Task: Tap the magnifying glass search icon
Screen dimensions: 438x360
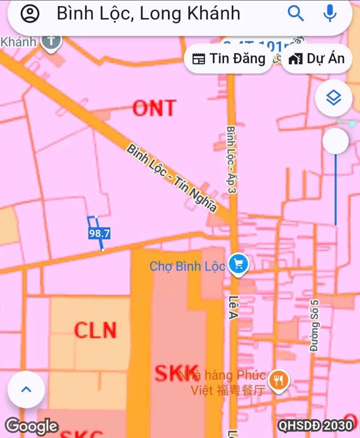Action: tap(296, 13)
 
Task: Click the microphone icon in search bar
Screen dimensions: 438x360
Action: tap(329, 13)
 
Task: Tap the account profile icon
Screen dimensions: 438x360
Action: tap(30, 13)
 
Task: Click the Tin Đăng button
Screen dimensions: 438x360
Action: tap(229, 58)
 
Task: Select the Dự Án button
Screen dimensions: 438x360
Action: tap(317, 58)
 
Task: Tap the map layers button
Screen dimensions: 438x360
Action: tap(333, 98)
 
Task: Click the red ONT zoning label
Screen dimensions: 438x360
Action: tap(154, 107)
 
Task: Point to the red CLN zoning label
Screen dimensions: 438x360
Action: tap(95, 330)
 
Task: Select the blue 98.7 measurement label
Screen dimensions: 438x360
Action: tap(99, 233)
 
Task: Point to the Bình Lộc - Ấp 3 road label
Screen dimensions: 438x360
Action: tap(231, 159)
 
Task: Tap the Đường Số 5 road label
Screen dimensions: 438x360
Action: tap(314, 325)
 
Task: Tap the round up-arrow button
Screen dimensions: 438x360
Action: tap(26, 389)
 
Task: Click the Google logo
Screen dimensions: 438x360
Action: tap(31, 426)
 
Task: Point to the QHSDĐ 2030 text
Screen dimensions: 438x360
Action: tap(315, 425)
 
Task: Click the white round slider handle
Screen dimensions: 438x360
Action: tap(335, 141)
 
